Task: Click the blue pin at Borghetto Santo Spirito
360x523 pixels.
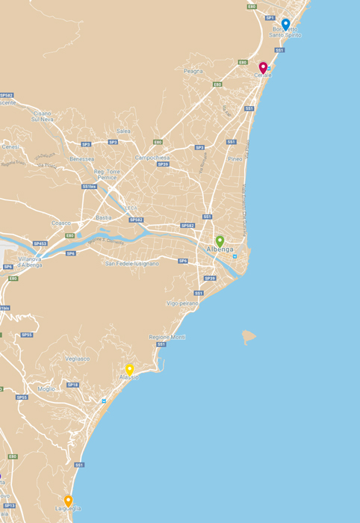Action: tap(285, 24)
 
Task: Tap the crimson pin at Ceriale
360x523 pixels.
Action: tap(263, 67)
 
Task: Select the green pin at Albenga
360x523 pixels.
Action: tap(220, 241)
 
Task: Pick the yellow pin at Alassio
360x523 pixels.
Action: tap(129, 369)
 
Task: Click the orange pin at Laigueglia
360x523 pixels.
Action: tap(68, 500)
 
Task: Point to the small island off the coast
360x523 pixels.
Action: tap(248, 337)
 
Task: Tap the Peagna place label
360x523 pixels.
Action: tap(193, 71)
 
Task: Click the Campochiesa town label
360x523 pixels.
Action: tap(152, 158)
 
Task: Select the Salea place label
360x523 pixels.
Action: tap(123, 131)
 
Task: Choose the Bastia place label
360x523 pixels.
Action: tap(104, 217)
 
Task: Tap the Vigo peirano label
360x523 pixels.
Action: tap(183, 303)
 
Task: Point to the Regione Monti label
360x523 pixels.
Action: tap(167, 337)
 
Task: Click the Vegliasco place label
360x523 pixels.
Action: tap(77, 359)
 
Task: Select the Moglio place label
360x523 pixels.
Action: tap(46, 389)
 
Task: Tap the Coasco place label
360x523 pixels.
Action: tap(60, 223)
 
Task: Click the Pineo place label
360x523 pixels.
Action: tap(235, 158)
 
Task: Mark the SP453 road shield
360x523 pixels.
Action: tap(40, 243)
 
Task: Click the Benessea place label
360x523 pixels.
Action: tap(81, 158)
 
